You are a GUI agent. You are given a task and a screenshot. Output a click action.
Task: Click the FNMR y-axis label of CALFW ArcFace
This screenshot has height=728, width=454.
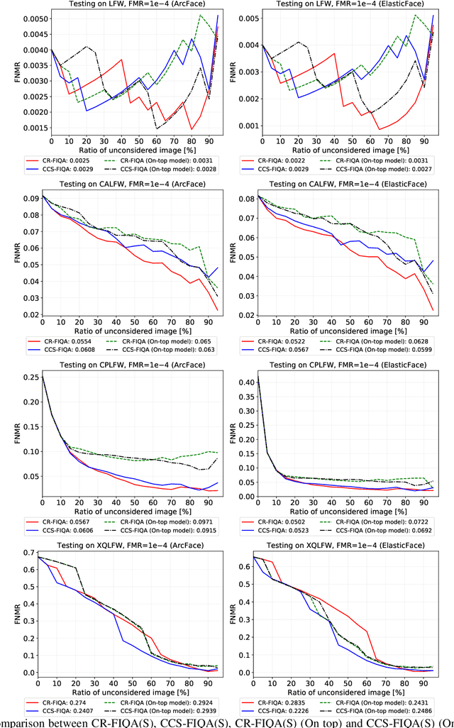(x=6, y=250)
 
